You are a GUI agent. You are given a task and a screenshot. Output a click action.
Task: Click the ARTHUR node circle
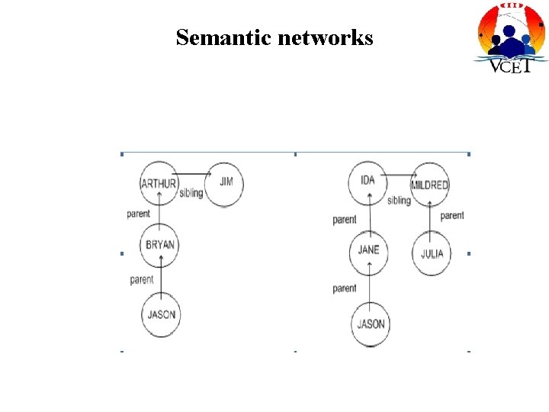pos(159,183)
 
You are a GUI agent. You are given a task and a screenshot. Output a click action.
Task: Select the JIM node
pos(226,182)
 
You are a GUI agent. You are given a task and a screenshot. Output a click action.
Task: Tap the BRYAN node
pos(161,245)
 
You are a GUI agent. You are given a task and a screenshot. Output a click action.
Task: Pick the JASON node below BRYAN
pos(161,314)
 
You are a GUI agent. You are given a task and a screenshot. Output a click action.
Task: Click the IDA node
pos(368,181)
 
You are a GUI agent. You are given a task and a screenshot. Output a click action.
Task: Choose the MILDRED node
pos(429,185)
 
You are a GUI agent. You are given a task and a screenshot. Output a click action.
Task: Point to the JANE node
pos(368,251)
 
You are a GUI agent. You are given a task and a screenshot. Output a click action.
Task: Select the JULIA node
pos(432,253)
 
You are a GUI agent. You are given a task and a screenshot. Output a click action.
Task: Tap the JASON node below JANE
pos(371,323)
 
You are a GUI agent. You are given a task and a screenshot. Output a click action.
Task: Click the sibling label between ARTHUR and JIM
pos(191,193)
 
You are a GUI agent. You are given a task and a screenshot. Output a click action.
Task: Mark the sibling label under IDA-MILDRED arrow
pos(399,201)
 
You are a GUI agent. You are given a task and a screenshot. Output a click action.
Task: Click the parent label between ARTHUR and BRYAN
pos(139,214)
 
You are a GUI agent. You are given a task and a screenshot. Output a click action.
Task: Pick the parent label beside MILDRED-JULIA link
pos(452,216)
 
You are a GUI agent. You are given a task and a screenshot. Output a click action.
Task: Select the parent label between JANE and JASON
pos(345,288)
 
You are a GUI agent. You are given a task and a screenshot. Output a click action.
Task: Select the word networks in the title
pos(326,37)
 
